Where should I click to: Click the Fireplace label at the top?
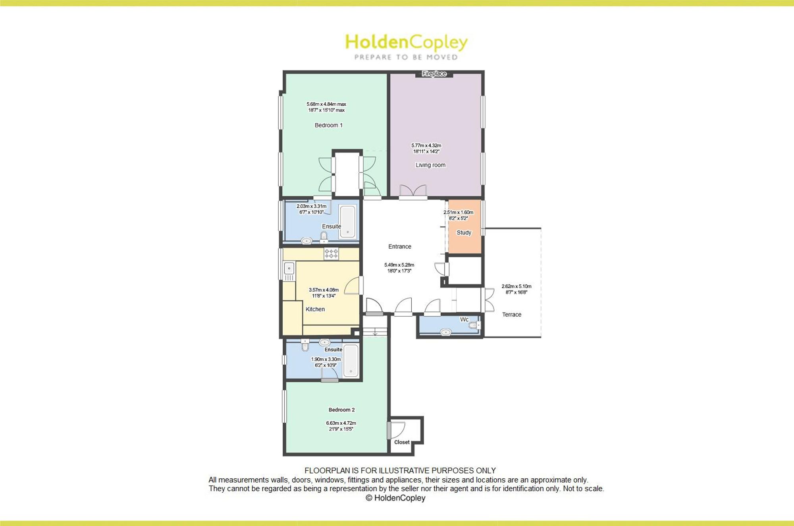pyautogui.click(x=434, y=73)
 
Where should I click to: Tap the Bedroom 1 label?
pyautogui.click(x=328, y=125)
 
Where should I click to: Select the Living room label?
pyautogui.click(x=430, y=165)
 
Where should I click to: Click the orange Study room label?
pyautogui.click(x=464, y=232)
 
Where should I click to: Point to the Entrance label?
pyautogui.click(x=400, y=246)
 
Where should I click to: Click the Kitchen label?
pyautogui.click(x=315, y=309)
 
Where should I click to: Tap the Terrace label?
pyautogui.click(x=511, y=314)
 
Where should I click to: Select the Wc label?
pyautogui.click(x=464, y=319)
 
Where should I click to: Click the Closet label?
pyautogui.click(x=402, y=442)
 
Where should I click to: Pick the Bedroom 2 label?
pyautogui.click(x=341, y=410)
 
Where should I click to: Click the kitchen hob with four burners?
pyautogui.click(x=331, y=253)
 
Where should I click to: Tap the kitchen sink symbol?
pyautogui.click(x=289, y=268)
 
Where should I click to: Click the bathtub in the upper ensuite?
pyautogui.click(x=348, y=222)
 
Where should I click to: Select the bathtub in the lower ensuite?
pyautogui.click(x=351, y=361)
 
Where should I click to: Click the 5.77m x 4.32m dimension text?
pyautogui.click(x=426, y=145)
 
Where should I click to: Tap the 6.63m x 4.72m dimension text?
pyautogui.click(x=341, y=423)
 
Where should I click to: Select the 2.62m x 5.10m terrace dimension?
pyautogui.click(x=516, y=286)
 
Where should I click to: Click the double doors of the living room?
pyautogui.click(x=413, y=191)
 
